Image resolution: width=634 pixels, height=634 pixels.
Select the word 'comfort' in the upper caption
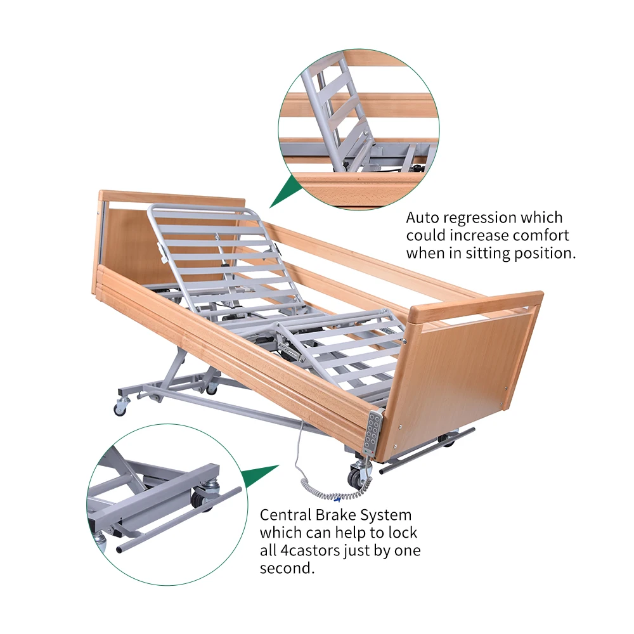click(539, 236)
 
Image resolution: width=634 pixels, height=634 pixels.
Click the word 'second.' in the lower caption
click(287, 568)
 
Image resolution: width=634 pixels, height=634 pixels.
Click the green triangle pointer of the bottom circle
click(260, 477)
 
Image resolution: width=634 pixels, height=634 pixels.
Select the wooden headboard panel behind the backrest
click(127, 247)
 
